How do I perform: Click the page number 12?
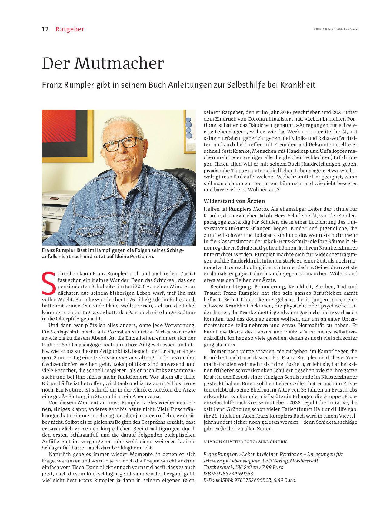(45, 29)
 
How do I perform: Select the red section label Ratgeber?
(70, 29)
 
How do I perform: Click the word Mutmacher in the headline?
(119, 63)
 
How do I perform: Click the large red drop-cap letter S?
(48, 283)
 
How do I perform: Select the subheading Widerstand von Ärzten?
(234, 201)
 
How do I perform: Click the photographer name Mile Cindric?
(273, 442)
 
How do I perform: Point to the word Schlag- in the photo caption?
(175, 250)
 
